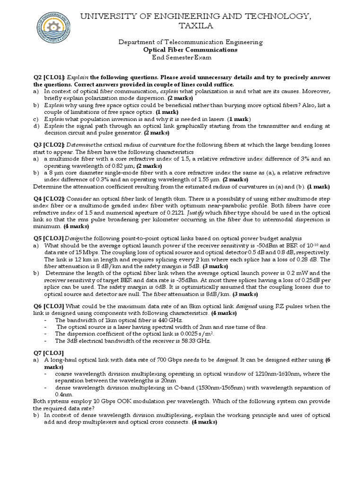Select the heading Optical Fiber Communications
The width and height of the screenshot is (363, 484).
pyautogui.click(x=190, y=50)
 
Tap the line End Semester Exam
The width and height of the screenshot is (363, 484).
pyautogui.click(x=181, y=57)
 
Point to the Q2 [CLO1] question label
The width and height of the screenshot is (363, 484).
pyautogui.click(x=49, y=77)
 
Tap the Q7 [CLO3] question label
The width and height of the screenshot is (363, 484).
pyautogui.click(x=49, y=353)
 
